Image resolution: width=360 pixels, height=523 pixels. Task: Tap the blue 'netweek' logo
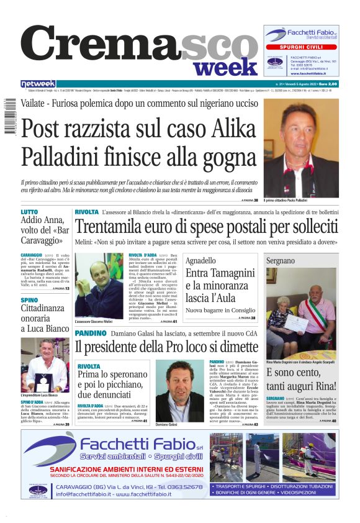[x=38, y=84]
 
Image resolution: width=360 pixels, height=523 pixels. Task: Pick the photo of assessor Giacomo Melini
[x=100, y=285]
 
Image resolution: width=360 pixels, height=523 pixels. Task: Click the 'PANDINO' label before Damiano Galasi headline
[x=91, y=334]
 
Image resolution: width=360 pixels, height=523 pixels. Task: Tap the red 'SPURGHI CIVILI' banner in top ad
[x=301, y=47]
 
